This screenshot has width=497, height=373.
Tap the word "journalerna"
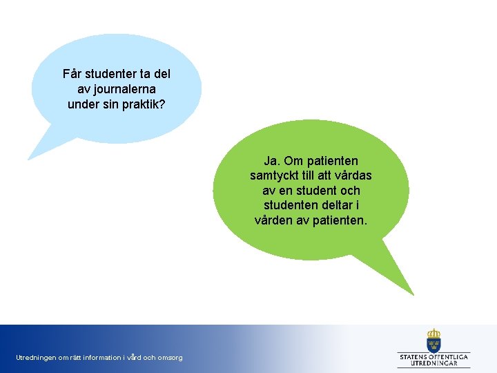(126, 89)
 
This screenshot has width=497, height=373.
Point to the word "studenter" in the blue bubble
(111, 74)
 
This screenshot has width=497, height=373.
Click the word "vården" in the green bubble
(274, 220)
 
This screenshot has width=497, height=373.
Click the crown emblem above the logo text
(433, 340)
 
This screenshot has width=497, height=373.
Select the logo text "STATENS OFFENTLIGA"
(434, 356)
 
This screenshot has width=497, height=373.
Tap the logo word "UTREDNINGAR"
(434, 363)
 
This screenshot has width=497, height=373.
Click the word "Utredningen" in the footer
(36, 358)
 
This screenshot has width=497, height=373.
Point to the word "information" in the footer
(103, 358)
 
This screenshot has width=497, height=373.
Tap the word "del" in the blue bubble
(162, 74)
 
